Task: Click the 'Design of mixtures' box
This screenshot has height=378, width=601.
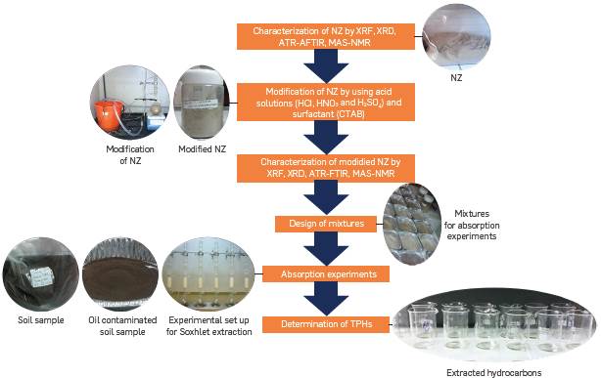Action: point(319,223)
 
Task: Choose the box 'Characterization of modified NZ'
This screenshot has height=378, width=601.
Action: point(319,167)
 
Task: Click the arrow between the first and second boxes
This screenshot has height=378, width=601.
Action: point(319,64)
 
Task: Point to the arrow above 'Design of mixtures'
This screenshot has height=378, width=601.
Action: point(319,198)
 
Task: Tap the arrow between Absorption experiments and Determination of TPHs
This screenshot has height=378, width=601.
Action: point(319,300)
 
